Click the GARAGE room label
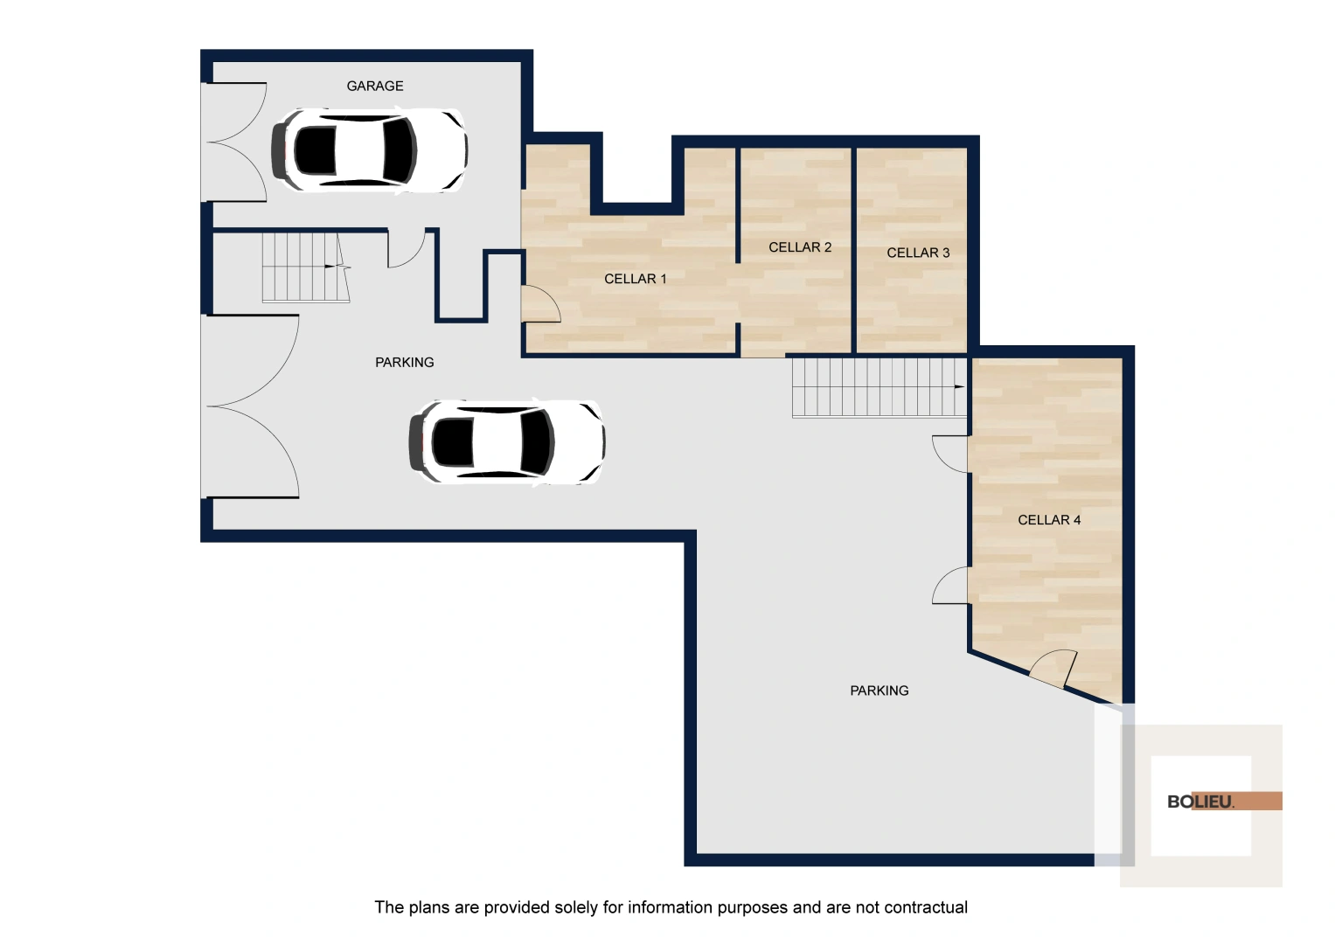click(x=375, y=86)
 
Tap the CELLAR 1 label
click(x=636, y=278)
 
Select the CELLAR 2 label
click(x=800, y=246)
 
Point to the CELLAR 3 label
click(x=918, y=253)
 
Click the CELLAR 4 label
click(x=1049, y=520)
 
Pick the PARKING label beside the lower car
click(x=404, y=362)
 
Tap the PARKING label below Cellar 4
click(x=880, y=691)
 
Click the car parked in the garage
click(x=370, y=149)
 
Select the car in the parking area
click(x=507, y=441)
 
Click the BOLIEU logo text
click(x=1199, y=802)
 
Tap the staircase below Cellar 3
click(x=880, y=386)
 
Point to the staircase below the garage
click(x=306, y=267)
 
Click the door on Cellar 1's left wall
click(x=541, y=304)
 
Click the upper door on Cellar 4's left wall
click(x=950, y=455)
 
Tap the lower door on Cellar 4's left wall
click(x=950, y=586)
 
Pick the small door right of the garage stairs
click(x=407, y=248)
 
